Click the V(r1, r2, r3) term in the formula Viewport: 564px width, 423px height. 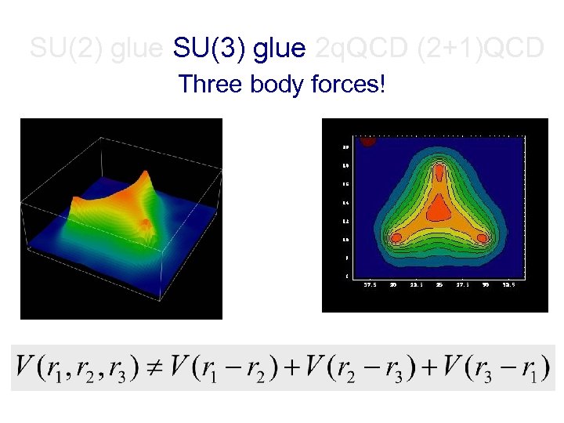tap(86, 367)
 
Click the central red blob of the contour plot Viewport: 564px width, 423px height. tap(439, 208)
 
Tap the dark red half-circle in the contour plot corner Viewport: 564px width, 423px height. tap(368, 142)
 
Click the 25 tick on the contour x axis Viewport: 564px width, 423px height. tap(440, 284)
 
